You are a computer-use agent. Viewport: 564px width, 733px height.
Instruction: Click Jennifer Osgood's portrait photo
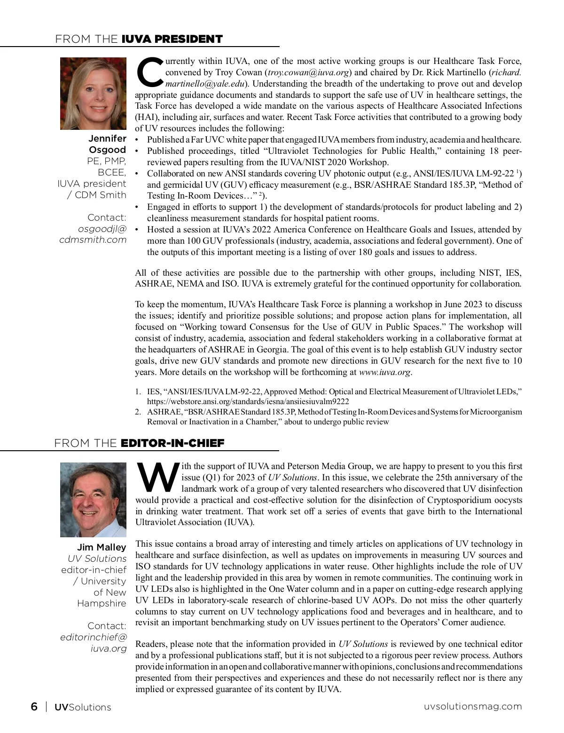coord(93,94)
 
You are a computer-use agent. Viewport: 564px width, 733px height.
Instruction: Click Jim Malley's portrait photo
coord(93,500)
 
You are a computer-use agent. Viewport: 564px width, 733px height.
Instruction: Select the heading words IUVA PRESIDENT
coord(172,39)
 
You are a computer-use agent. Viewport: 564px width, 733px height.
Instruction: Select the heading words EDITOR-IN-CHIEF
coord(172,443)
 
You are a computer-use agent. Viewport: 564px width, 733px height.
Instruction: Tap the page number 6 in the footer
coord(34,707)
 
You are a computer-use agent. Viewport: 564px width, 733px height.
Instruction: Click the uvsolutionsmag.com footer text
coord(473,706)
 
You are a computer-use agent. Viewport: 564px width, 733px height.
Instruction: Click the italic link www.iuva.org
coord(384,372)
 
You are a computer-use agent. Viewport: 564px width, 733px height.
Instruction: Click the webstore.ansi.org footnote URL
coord(248,401)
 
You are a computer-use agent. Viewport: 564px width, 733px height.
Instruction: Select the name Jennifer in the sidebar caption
coord(107,139)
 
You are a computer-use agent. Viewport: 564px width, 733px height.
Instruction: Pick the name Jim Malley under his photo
coord(102,547)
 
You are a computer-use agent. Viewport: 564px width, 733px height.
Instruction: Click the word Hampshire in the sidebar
coord(102,603)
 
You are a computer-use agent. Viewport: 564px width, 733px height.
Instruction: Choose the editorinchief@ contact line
coord(94,637)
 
